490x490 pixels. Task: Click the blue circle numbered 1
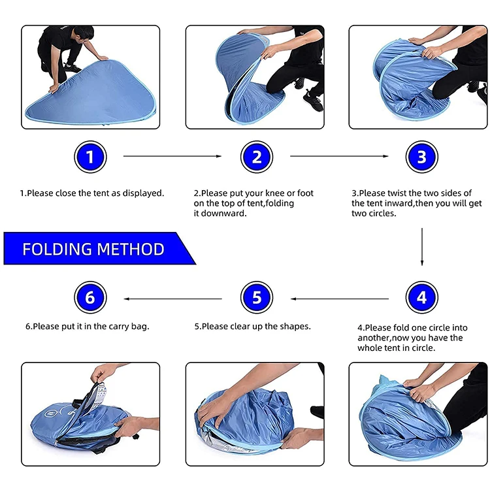coord(90,157)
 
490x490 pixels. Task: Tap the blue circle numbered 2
coord(257,157)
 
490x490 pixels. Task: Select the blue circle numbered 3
coord(422,157)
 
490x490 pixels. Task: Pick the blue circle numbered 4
coord(422,297)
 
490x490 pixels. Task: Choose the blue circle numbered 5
coord(257,297)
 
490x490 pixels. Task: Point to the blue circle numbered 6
coord(90,297)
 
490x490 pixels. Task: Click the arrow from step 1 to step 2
coord(172,156)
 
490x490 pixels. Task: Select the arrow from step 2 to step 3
coord(339,156)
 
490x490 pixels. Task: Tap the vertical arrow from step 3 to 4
coord(422,247)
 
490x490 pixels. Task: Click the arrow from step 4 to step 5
coord(340,299)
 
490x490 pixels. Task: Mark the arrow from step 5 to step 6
coord(173,299)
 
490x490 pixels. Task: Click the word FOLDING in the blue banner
coord(57,249)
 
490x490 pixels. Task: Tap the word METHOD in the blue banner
coord(131,249)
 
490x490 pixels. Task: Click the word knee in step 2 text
coord(274,193)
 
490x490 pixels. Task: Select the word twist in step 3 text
coord(397,193)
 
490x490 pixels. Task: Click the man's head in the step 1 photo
coord(84,34)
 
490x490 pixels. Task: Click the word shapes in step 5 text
coord(295,327)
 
